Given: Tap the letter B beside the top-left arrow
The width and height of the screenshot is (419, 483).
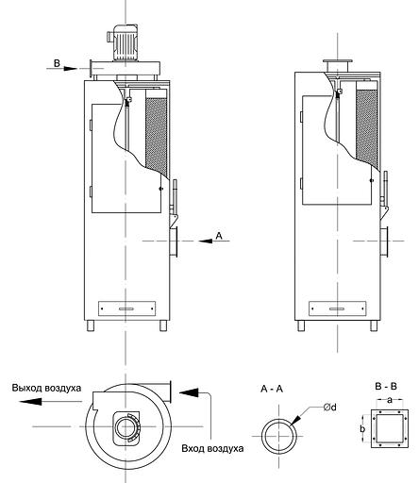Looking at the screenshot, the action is click(x=57, y=63).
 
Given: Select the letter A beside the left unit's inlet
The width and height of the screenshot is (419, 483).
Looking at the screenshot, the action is click(x=219, y=235).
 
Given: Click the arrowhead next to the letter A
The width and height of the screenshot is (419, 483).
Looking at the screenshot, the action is click(x=206, y=241).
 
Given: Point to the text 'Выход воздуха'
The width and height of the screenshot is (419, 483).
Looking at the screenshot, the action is click(x=46, y=388).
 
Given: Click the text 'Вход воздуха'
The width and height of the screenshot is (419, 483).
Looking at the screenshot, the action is click(x=212, y=448).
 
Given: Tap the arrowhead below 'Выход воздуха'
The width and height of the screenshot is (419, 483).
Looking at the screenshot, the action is click(x=30, y=401).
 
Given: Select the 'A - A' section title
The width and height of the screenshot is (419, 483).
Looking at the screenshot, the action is click(x=272, y=389).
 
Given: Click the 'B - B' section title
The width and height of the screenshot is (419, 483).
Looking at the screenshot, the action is click(x=386, y=386).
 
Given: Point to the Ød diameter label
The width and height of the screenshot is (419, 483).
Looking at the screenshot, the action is click(x=329, y=408).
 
